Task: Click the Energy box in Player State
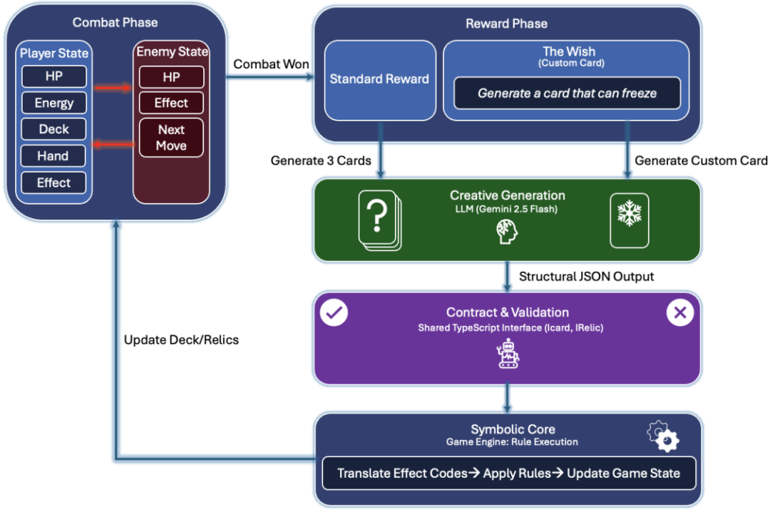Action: tap(53, 103)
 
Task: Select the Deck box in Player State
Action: tap(53, 129)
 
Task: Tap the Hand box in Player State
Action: tap(53, 155)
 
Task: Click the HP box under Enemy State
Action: tap(171, 76)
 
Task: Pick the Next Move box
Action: tap(171, 138)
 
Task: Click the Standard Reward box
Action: tap(379, 79)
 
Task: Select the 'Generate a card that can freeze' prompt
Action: tap(567, 93)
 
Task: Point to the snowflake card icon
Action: tap(630, 220)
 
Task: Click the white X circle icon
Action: tap(679, 313)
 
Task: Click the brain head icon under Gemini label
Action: tap(507, 230)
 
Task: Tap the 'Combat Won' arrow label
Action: tap(271, 64)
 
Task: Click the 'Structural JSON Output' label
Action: tap(586, 276)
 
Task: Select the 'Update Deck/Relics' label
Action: tap(181, 340)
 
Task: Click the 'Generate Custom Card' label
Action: tap(701, 160)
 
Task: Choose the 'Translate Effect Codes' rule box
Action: tap(508, 473)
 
